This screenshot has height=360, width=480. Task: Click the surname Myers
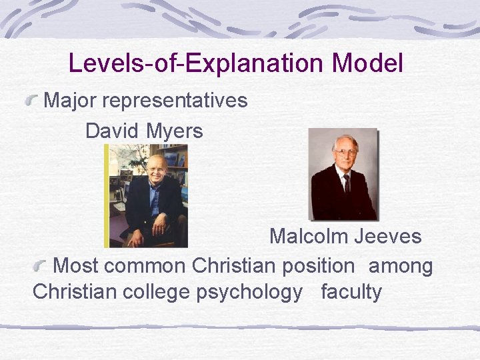pos(173,131)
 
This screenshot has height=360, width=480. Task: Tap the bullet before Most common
pos(43,267)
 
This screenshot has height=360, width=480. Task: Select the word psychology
pos(249,293)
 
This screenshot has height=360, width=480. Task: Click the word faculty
pos(351,293)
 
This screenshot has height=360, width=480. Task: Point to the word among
pos(401,267)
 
